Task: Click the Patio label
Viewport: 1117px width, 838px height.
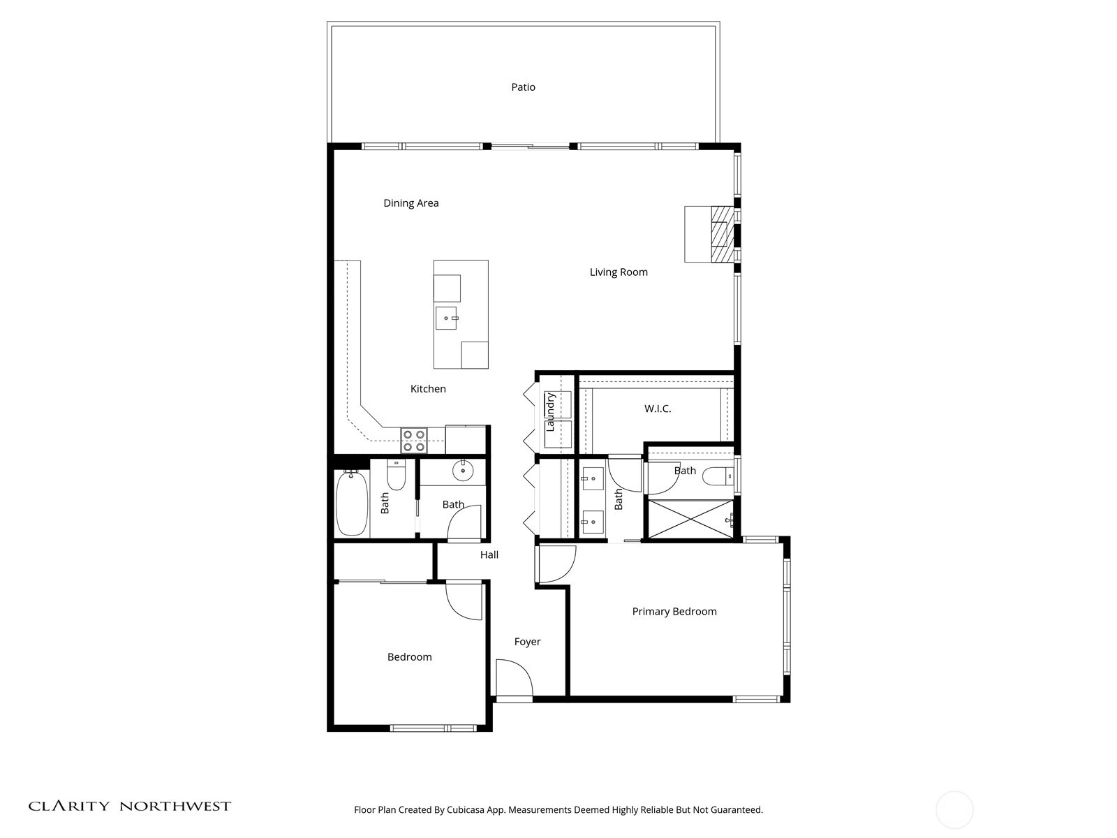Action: click(x=523, y=87)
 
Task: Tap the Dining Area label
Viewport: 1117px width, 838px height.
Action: click(x=410, y=203)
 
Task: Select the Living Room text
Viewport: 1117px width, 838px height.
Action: click(x=619, y=272)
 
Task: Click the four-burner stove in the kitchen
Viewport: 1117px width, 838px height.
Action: click(x=414, y=440)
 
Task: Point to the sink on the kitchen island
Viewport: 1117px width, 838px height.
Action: click(x=446, y=318)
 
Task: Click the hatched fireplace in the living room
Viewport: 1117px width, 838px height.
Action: click(x=719, y=234)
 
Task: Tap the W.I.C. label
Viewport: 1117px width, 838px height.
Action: click(x=657, y=409)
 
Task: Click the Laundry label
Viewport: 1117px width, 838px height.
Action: click(x=550, y=411)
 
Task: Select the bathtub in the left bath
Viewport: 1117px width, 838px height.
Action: click(x=351, y=503)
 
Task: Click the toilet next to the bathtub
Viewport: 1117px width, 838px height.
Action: click(x=396, y=476)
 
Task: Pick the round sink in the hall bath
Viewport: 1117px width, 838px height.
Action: click(x=463, y=471)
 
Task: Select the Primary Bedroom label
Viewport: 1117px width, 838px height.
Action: click(x=674, y=612)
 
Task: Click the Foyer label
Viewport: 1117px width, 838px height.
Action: click(x=527, y=642)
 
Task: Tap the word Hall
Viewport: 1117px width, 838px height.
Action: click(x=489, y=555)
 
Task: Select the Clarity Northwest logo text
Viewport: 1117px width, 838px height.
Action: click(x=129, y=806)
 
